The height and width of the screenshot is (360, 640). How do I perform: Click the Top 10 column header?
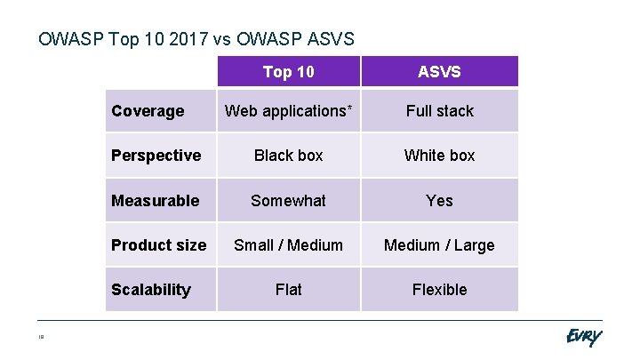[288, 72]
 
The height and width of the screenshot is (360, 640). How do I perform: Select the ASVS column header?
[439, 72]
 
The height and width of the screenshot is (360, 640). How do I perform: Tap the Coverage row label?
[148, 111]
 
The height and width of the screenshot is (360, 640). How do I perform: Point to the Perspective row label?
[156, 156]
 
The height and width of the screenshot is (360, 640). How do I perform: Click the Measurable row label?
[155, 201]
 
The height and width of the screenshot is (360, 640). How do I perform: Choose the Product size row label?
[158, 245]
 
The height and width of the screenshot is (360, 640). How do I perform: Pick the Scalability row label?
[150, 290]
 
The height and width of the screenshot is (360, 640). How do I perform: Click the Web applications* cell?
[288, 111]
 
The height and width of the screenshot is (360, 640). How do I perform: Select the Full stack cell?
[439, 111]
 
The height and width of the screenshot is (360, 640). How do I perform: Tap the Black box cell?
[288, 156]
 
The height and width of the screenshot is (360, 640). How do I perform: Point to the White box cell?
[439, 156]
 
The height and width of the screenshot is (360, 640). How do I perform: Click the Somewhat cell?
[288, 201]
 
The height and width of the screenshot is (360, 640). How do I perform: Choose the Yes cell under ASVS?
[439, 201]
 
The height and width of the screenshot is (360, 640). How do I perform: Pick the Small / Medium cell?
[288, 245]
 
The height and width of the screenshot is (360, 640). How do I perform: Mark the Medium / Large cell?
[439, 245]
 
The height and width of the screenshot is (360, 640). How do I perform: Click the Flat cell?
[288, 290]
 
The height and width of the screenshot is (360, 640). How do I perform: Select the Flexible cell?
[439, 290]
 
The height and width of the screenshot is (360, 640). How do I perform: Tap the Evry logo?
[583, 338]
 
